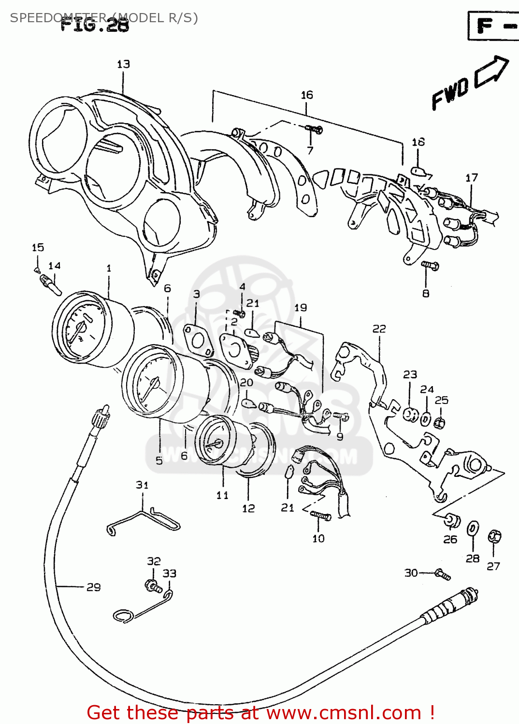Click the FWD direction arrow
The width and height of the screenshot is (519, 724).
click(x=492, y=72)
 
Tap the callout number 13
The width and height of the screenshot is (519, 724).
click(x=123, y=64)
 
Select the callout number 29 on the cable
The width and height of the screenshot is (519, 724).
click(x=94, y=587)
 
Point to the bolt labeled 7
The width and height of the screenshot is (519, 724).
click(x=314, y=129)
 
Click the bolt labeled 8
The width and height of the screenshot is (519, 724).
click(x=429, y=265)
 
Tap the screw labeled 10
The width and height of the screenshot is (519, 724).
click(x=320, y=516)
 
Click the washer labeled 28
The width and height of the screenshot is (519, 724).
click(x=473, y=529)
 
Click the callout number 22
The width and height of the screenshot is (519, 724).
click(x=379, y=329)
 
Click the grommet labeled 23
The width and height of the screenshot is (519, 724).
click(x=410, y=415)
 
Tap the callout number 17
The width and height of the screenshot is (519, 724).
click(x=472, y=178)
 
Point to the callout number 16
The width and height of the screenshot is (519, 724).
click(x=307, y=95)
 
